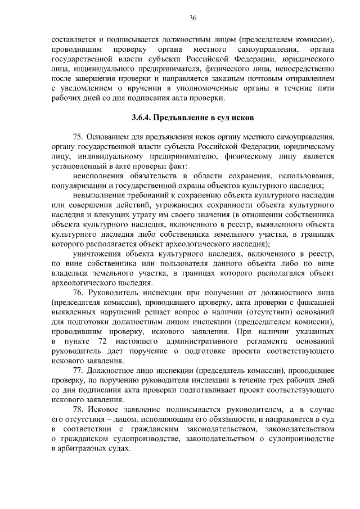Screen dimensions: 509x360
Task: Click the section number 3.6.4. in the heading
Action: coord(141,118)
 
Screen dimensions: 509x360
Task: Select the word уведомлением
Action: coord(85,88)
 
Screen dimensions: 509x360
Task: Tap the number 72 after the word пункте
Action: coord(102,341)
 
